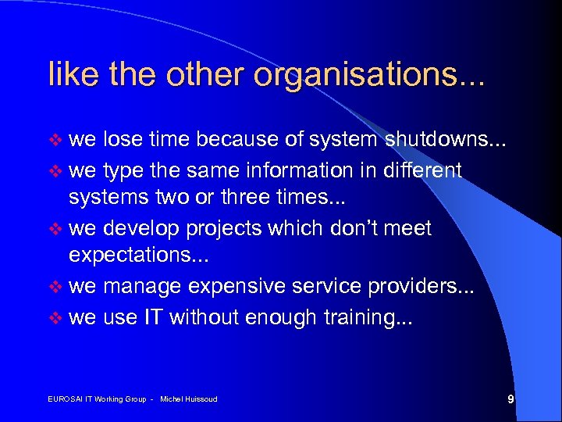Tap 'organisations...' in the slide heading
(x=372, y=75)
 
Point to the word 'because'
(x=234, y=140)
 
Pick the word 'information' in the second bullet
(x=293, y=170)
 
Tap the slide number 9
(x=510, y=399)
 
